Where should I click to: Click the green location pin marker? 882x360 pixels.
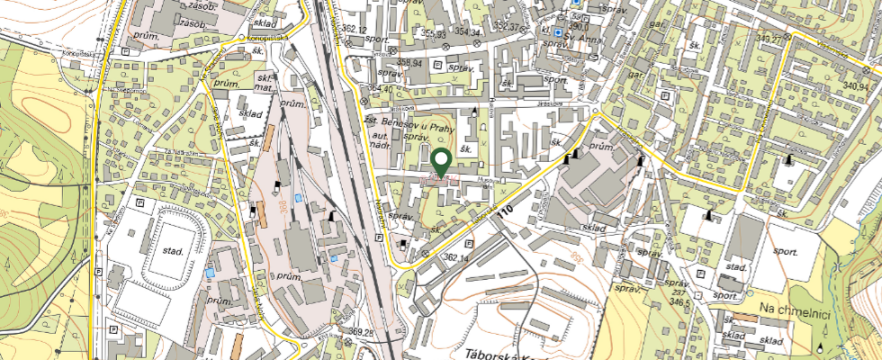pos(442,163)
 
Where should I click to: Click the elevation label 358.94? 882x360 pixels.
pos(409,63)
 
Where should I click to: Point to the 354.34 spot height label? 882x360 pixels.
pos(468,31)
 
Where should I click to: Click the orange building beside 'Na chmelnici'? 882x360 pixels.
pos(746,318)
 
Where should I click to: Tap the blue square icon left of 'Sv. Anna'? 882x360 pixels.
pos(559,32)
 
